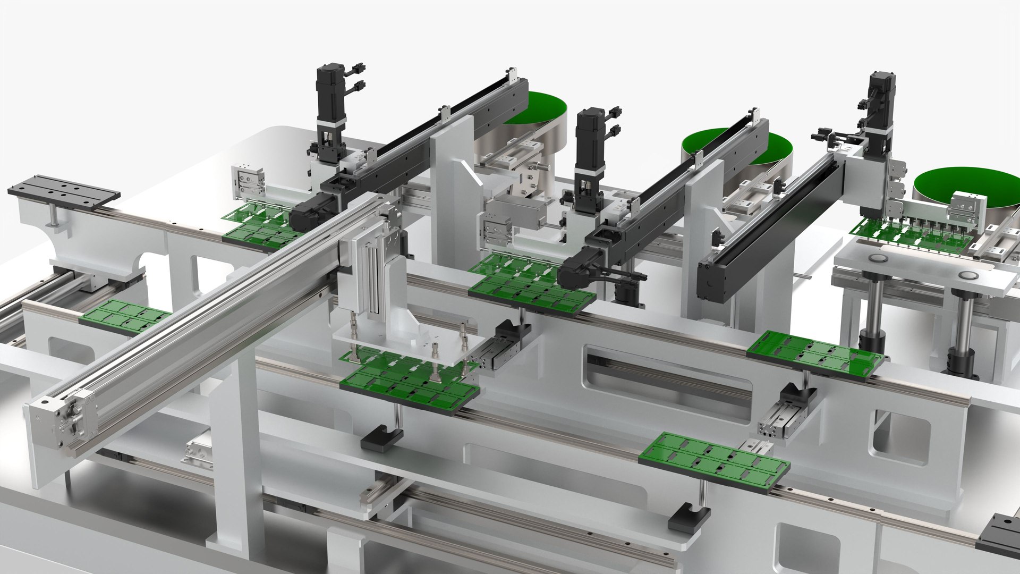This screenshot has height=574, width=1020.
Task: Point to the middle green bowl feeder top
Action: (736, 146)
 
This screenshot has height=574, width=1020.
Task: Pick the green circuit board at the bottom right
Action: (715, 461)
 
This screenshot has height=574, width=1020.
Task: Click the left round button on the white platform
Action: (877, 259)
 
